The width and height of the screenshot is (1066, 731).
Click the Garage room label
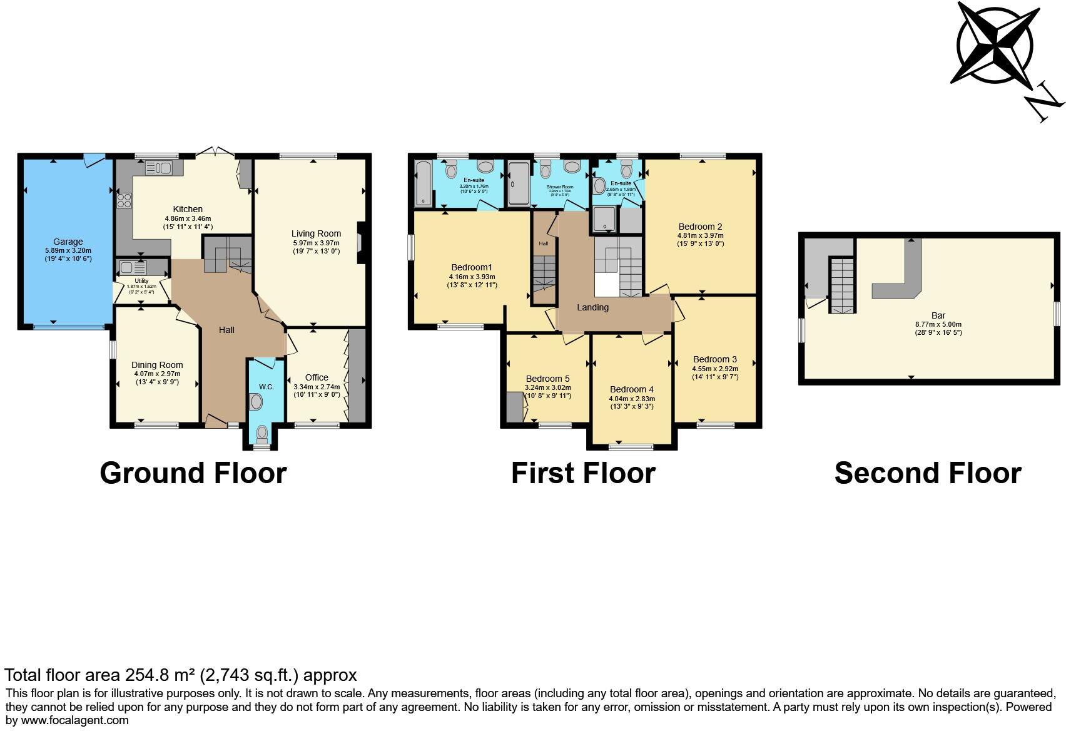(x=68, y=242)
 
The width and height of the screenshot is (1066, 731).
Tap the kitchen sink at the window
(x=158, y=168)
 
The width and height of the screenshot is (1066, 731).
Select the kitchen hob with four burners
(x=124, y=200)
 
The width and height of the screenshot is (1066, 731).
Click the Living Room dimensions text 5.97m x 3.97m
(x=316, y=243)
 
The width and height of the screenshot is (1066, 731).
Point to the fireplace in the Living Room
(x=360, y=243)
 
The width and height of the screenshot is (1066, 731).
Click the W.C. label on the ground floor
(x=266, y=387)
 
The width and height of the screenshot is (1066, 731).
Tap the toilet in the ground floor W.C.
(x=262, y=432)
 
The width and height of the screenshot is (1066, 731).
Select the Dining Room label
(x=157, y=365)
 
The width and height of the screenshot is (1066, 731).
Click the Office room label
(x=317, y=377)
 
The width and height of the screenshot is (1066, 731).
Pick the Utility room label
(x=141, y=281)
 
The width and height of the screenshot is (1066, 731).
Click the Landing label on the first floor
(x=592, y=307)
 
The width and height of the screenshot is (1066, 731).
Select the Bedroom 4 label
(x=631, y=389)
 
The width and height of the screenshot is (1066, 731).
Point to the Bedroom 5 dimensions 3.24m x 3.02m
(x=547, y=387)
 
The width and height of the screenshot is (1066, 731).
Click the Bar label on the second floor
(x=938, y=316)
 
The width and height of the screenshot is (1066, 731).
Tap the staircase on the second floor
(x=841, y=285)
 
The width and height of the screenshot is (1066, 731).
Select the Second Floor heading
(x=927, y=473)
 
